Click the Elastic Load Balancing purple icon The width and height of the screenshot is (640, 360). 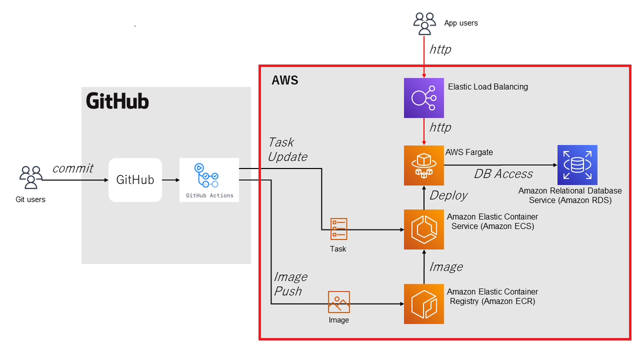pos(423,98)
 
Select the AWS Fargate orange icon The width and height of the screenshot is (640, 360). pos(423,165)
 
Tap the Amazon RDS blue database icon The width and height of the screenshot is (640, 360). pos(577,165)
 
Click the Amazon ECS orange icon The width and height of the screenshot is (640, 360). pos(423,230)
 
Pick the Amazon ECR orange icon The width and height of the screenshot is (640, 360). pos(423,304)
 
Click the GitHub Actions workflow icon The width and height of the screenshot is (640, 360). pos(209,175)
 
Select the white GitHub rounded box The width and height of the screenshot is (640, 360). pos(135,180)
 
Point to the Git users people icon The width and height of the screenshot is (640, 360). pos(31,178)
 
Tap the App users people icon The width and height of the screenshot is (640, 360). pos(425,23)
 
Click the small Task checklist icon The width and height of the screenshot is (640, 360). pos(339,228)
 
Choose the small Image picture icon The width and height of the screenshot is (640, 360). pos(339,302)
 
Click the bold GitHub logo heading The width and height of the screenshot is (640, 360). pos(117,101)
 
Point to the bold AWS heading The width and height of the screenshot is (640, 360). pos(285,81)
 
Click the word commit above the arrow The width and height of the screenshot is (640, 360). pos(73,169)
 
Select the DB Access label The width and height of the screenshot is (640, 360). pos(503,174)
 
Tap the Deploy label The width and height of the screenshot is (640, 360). pos(449,195)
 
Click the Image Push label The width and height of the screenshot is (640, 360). pos(290,284)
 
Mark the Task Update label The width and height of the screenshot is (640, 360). pos(287,149)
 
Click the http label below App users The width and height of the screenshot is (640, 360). pos(440,50)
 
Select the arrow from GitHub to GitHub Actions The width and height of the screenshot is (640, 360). pos(171,180)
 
